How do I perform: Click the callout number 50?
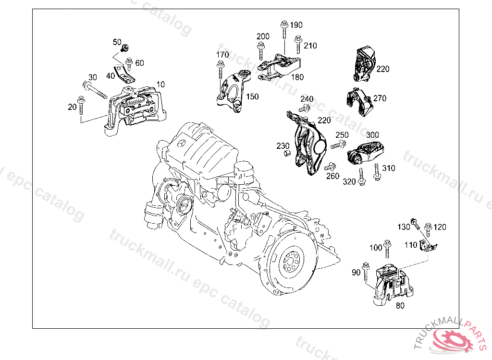pos(117,42)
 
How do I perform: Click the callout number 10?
pos(160,84)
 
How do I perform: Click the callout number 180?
pos(297,77)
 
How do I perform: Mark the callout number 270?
pos(380,98)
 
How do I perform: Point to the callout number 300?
pos(372,135)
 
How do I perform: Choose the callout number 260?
pos(332,176)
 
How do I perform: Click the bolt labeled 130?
pos(415,224)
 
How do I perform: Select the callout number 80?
pos(399,305)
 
